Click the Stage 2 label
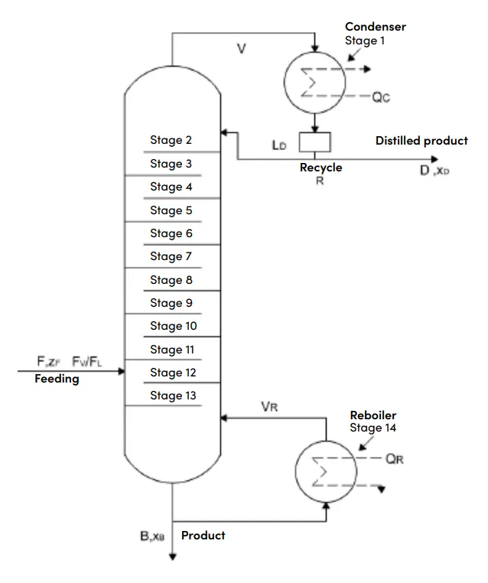click(171, 140)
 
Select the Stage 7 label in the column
click(171, 256)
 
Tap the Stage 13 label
click(173, 396)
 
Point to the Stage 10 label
click(174, 326)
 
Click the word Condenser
click(376, 27)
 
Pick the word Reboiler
click(373, 415)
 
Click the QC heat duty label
click(382, 97)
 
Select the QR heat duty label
click(395, 459)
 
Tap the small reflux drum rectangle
click(315, 142)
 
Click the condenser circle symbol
click(285, 82)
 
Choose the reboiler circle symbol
click(296, 471)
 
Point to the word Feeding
click(57, 379)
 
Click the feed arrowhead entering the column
click(121, 371)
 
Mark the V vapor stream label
click(242, 49)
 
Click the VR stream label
click(269, 407)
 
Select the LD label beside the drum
click(279, 145)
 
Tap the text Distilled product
click(422, 141)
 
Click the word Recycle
click(321, 168)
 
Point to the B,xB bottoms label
click(152, 536)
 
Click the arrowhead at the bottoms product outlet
click(172, 556)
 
